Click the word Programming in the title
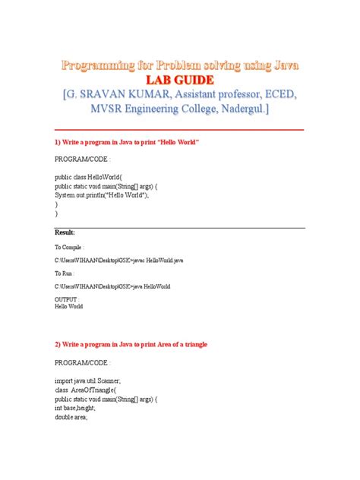(98, 65)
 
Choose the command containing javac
(118, 260)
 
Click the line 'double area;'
(72, 417)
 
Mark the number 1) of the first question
(58, 143)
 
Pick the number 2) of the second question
(58, 344)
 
